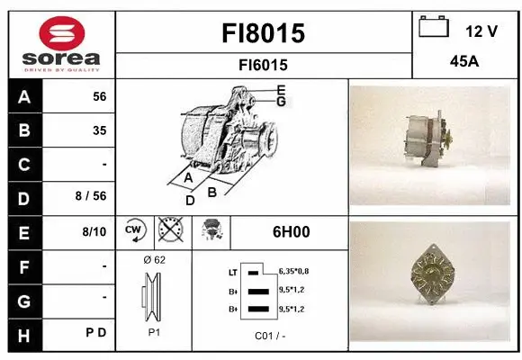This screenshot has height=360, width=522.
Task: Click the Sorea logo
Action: pyautogui.click(x=60, y=43)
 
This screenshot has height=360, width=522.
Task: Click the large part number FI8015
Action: pyautogui.click(x=264, y=33)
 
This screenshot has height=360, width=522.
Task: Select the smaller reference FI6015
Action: pyautogui.click(x=264, y=65)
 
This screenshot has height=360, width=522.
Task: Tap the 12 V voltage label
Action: pyautogui.click(x=481, y=31)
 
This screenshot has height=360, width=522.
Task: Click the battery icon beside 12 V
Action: pyautogui.click(x=435, y=28)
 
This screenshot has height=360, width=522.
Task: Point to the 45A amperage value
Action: pyautogui.click(x=464, y=63)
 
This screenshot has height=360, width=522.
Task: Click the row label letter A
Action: pyautogui.click(x=23, y=96)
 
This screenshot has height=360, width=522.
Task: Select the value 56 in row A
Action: pyautogui.click(x=99, y=96)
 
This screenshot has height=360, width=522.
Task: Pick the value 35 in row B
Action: pyautogui.click(x=99, y=130)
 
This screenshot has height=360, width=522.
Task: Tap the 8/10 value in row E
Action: pyautogui.click(x=93, y=232)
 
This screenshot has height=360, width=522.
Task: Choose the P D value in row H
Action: pyautogui.click(x=96, y=333)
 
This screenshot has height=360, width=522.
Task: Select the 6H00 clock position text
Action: pyautogui.click(x=291, y=231)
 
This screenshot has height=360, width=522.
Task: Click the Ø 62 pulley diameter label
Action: pyautogui.click(x=154, y=260)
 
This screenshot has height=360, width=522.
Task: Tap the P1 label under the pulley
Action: pyautogui.click(x=154, y=331)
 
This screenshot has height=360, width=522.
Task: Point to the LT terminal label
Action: pyautogui.click(x=234, y=272)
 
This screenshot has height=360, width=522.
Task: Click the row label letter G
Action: pyautogui.click(x=23, y=299)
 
